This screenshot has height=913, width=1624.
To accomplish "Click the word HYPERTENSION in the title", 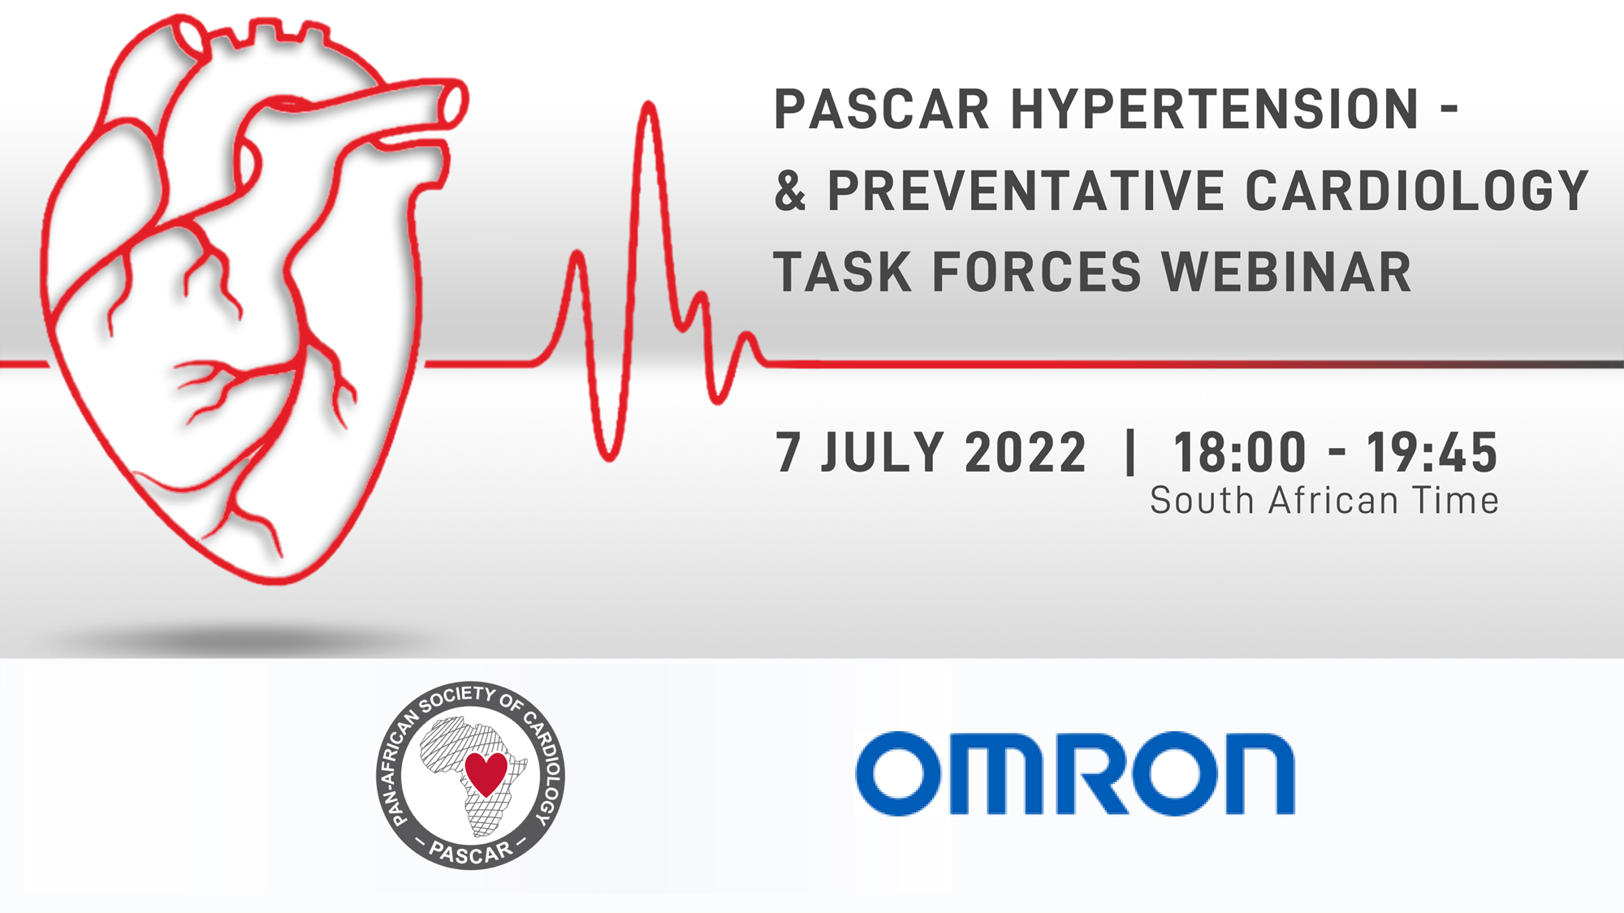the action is coord(1215,110).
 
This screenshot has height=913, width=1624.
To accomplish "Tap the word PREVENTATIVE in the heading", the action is coord(1025,191).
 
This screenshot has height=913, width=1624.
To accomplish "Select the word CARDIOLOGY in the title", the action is coord(1416,191).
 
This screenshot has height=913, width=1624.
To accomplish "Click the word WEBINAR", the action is coord(1287,272).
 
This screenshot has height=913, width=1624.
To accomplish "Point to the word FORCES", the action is coord(1037,272).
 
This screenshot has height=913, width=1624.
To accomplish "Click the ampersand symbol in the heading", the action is coord(790,191).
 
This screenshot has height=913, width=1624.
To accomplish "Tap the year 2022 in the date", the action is coord(1026,452).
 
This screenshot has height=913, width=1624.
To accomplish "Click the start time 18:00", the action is coord(1240,452).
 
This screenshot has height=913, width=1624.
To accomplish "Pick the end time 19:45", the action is coord(1432,452).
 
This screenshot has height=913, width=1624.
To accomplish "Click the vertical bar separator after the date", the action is coord(1130,452).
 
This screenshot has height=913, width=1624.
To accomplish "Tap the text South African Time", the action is coord(1324,501).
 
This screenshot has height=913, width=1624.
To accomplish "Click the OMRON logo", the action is coord(1075,773).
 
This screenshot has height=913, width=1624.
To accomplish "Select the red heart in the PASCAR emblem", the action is coord(486,773).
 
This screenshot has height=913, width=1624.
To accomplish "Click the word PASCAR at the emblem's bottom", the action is coord(471,852).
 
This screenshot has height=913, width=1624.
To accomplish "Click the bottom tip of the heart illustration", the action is coord(276,581).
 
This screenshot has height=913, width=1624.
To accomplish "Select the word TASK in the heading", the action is coord(843,272).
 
